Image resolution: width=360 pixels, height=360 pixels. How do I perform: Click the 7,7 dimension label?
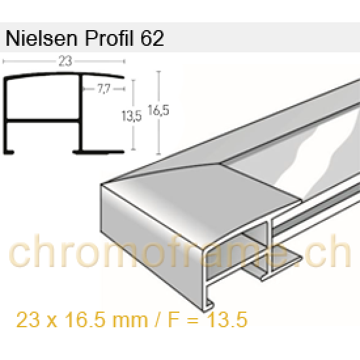[103, 87]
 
